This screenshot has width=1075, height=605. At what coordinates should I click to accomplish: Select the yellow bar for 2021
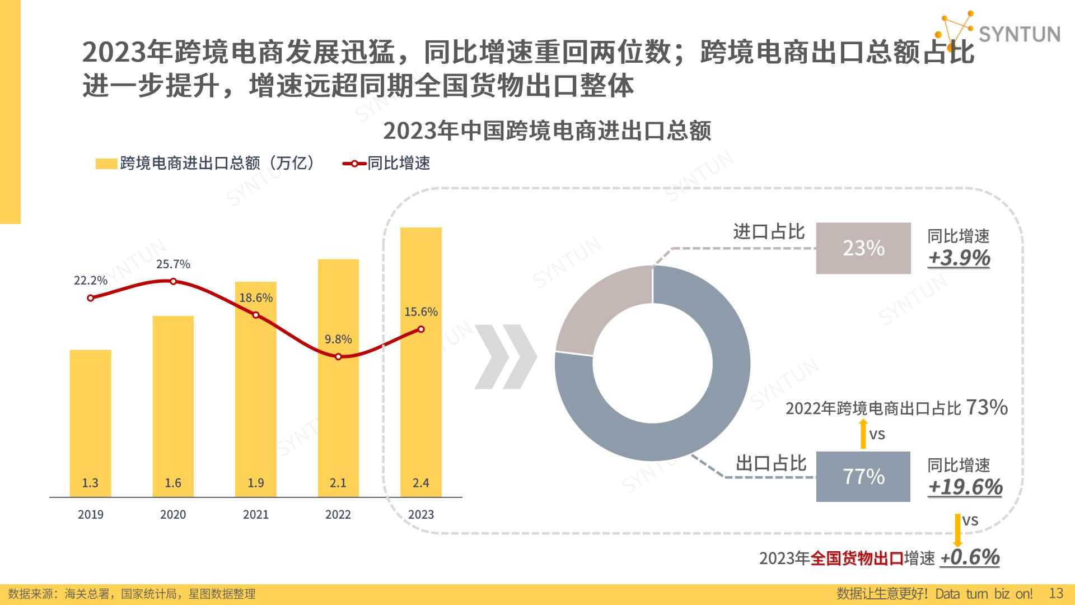[x=256, y=392]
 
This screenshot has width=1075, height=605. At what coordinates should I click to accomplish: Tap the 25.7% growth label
[x=173, y=264]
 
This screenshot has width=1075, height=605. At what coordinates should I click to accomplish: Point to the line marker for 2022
[x=338, y=357]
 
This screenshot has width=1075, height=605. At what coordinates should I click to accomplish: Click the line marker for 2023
[x=421, y=329]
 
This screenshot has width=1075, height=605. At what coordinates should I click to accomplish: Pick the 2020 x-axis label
[x=173, y=514]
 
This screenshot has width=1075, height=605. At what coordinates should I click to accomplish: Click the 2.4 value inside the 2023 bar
[x=421, y=483]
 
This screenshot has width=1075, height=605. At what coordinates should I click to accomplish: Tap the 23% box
[x=863, y=248]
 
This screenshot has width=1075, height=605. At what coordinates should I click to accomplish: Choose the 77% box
[x=863, y=477]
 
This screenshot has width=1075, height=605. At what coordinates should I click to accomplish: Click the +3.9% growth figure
[x=959, y=258]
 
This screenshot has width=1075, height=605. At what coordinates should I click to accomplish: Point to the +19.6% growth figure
[x=965, y=487]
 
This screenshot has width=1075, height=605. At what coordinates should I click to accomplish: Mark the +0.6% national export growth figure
[x=970, y=557]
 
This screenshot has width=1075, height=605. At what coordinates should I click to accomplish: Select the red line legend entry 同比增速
[x=387, y=163]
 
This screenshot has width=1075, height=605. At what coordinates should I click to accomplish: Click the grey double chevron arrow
[x=506, y=357]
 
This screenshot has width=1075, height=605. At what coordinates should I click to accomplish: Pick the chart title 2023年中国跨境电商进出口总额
[x=547, y=131]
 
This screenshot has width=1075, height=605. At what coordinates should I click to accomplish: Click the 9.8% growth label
[x=338, y=339]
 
